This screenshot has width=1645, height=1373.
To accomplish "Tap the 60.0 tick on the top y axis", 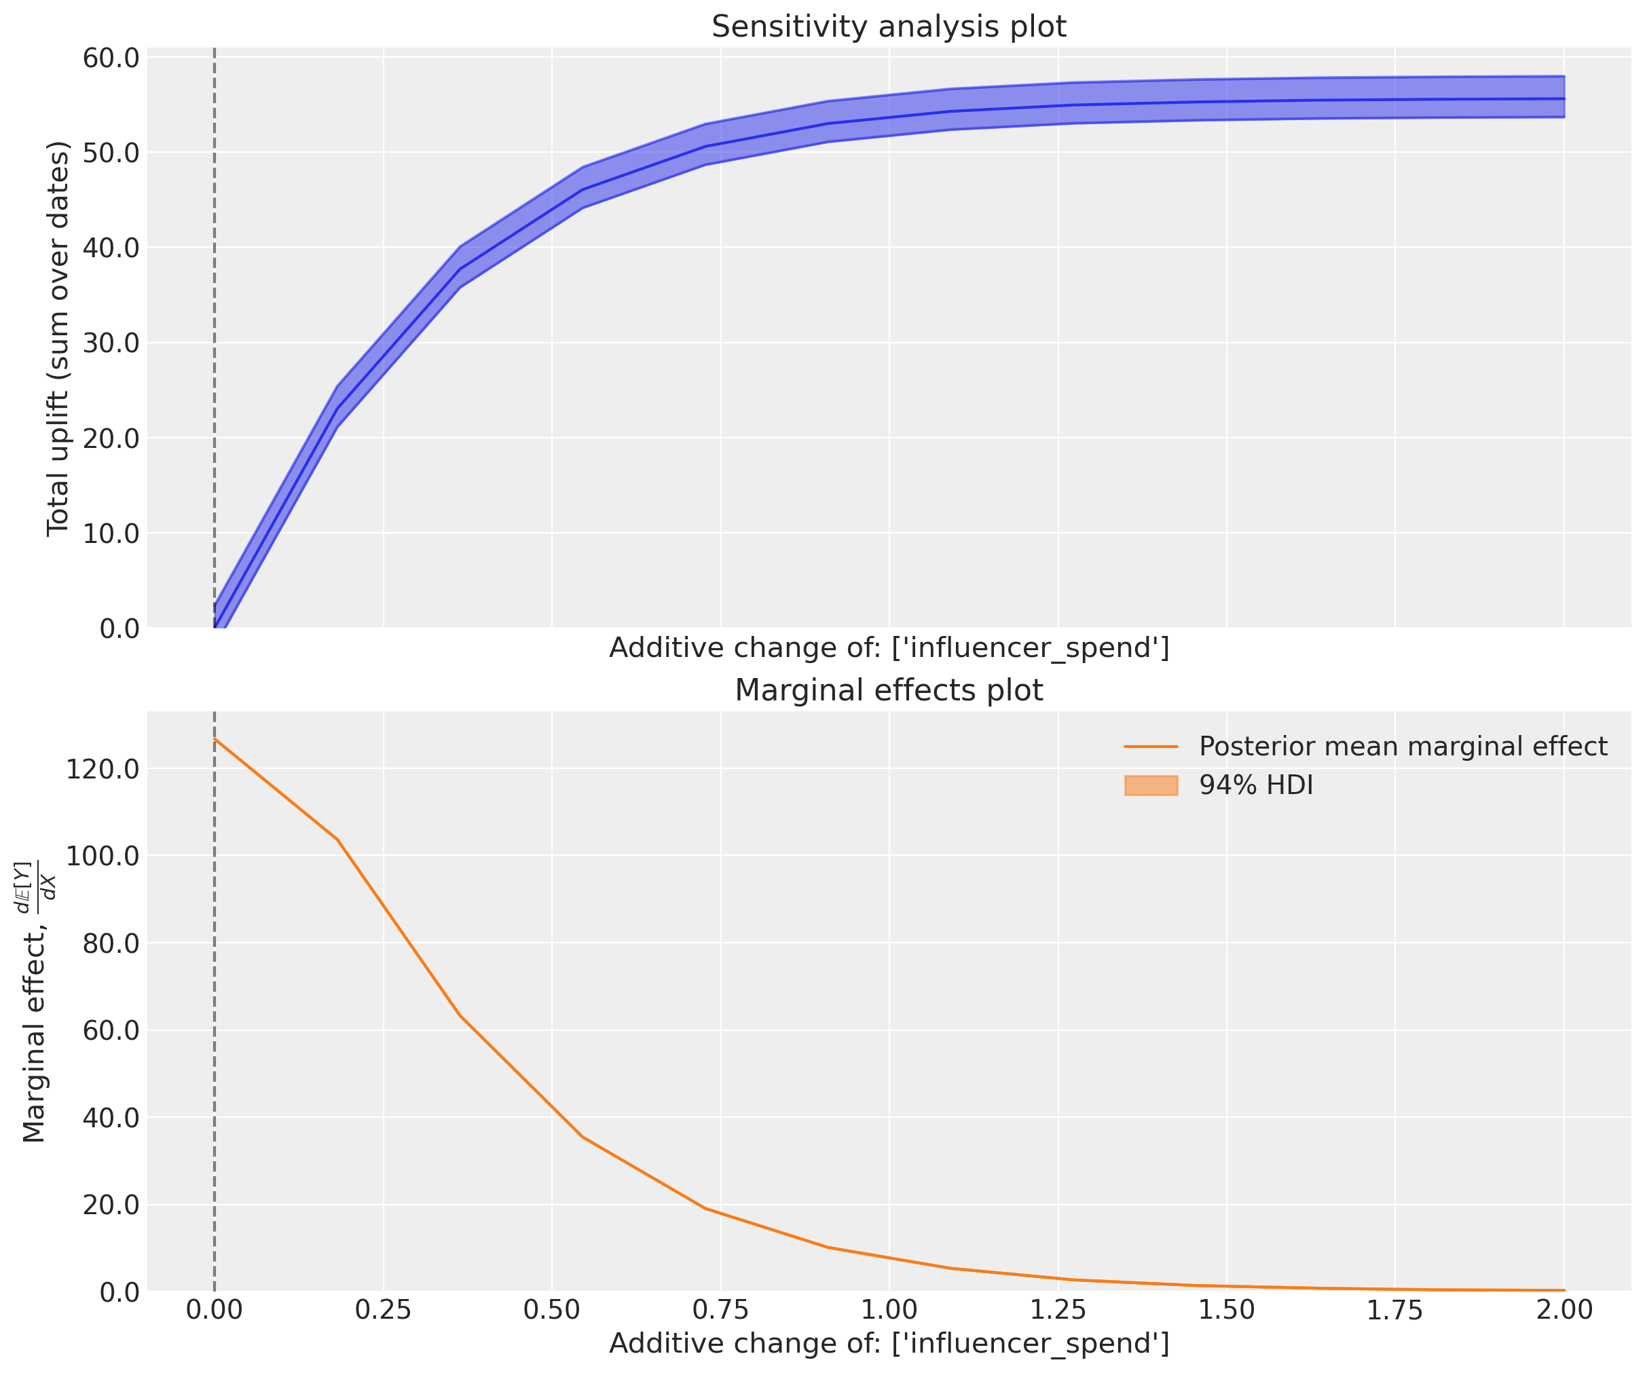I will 111,58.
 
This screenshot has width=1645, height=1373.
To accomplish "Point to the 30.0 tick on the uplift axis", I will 111,343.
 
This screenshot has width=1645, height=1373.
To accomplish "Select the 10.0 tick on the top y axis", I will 111,533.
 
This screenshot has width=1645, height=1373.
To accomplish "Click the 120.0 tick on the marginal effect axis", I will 103,768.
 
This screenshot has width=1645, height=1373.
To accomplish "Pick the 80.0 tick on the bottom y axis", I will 111,943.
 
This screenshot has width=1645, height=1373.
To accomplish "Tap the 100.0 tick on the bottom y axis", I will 103,855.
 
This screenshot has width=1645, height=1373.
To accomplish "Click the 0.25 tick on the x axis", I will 383,1311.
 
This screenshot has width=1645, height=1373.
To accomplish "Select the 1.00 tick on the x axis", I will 889,1311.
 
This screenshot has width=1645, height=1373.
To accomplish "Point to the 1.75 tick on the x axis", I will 1395,1311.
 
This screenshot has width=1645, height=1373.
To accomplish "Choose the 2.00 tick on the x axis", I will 1564,1311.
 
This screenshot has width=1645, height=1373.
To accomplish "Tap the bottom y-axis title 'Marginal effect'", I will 35,1002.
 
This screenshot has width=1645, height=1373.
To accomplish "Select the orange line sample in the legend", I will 1151,747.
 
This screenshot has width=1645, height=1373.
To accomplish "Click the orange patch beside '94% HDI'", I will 1151,785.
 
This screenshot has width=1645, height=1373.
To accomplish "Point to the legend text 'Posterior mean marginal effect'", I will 1403,747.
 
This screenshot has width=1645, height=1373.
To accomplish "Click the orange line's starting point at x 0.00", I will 215,738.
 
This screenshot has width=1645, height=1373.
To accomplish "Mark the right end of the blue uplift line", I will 1564,98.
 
